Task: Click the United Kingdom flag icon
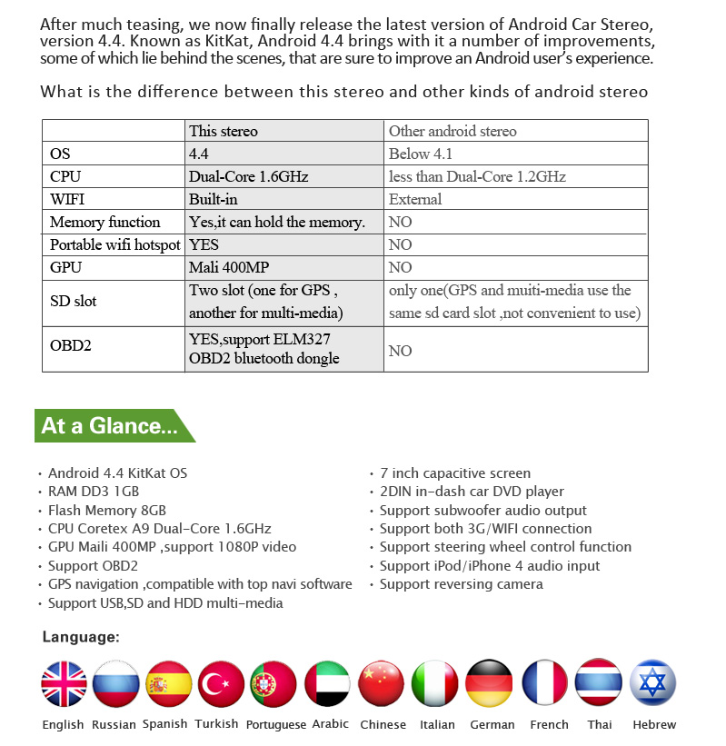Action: point(64,683)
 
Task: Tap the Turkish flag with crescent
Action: point(221,683)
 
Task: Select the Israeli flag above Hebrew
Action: point(654,683)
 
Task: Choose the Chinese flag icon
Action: point(382,683)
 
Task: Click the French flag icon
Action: point(545,683)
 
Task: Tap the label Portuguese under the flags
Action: point(276,724)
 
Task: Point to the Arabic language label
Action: point(330,724)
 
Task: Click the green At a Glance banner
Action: point(111,425)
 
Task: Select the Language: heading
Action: point(81,637)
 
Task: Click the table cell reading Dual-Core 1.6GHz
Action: point(248,177)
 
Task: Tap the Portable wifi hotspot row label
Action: point(114,244)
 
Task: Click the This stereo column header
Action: point(223,131)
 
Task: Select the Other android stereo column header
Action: point(452,131)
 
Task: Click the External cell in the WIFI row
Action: point(414,199)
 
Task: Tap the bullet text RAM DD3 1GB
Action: point(94,492)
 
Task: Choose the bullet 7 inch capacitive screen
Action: point(454,473)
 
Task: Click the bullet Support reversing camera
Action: point(461,584)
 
